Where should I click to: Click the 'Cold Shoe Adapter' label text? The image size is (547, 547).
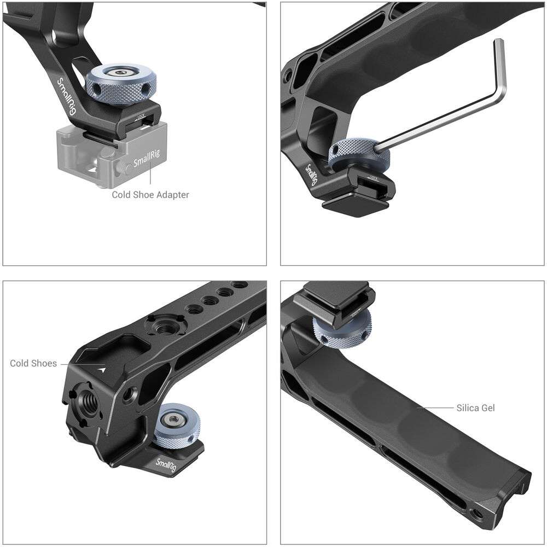[x=150, y=194]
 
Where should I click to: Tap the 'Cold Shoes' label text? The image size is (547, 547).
[x=33, y=363]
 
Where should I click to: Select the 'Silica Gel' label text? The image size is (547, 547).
[x=475, y=408]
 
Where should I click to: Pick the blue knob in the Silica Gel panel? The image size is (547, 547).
[x=335, y=331]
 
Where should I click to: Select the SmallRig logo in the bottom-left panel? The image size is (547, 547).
[x=170, y=465]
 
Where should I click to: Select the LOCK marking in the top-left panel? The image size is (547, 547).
[x=141, y=116]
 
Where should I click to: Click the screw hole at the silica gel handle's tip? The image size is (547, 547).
[x=480, y=513]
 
